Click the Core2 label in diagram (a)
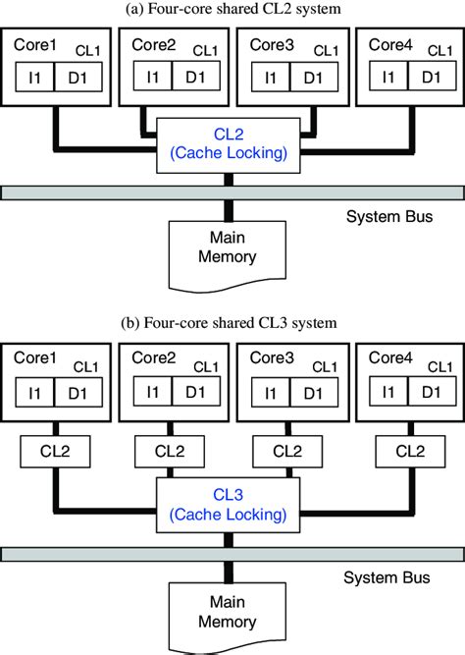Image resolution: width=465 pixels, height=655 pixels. coord(152,46)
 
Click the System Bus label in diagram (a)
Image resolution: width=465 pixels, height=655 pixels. coord(388,215)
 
